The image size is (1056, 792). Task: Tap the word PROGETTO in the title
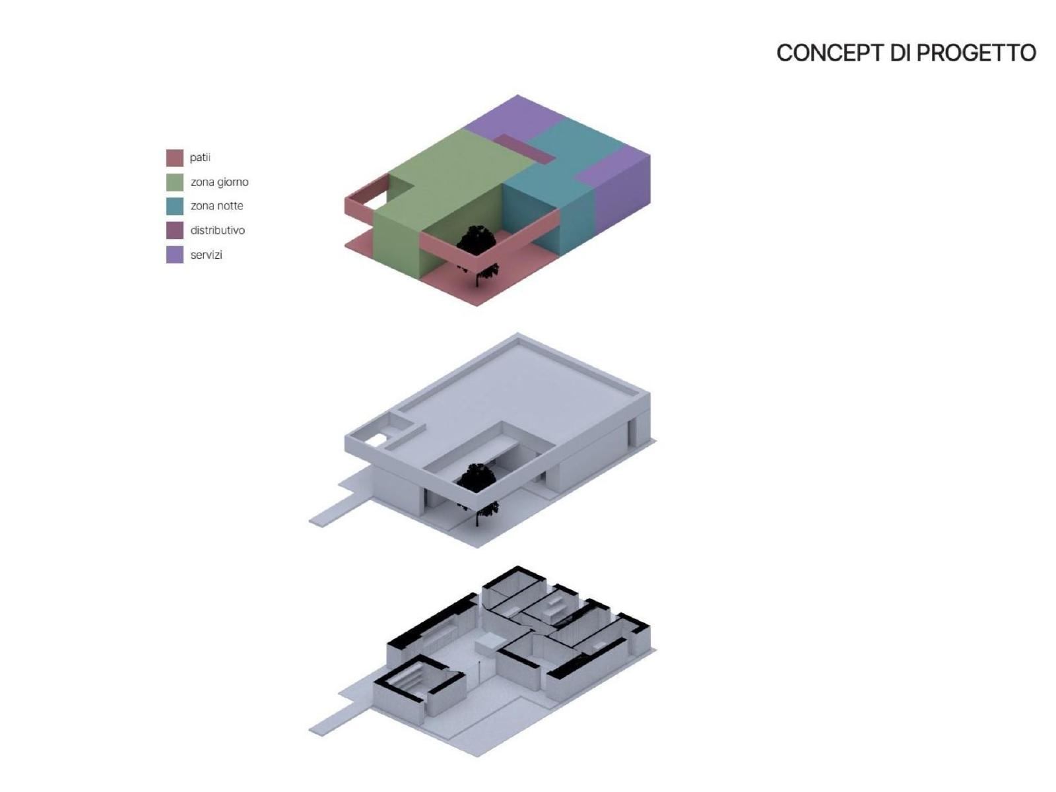click(x=976, y=53)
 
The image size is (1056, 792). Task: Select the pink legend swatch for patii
click(x=175, y=158)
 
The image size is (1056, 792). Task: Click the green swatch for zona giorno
click(x=175, y=182)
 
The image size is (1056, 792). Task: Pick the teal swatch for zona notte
click(x=175, y=207)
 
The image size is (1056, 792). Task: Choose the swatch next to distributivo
click(x=175, y=230)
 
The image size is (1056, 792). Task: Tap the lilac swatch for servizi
click(x=175, y=255)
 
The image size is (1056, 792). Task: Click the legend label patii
click(x=200, y=158)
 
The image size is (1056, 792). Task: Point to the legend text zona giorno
click(x=219, y=182)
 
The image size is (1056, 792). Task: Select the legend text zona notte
click(x=216, y=206)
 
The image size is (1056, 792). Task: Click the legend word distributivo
click(x=217, y=230)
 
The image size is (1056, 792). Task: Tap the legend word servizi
click(x=206, y=255)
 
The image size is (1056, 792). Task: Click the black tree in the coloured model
click(x=477, y=250)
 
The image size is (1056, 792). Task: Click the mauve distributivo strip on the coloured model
click(x=525, y=148)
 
